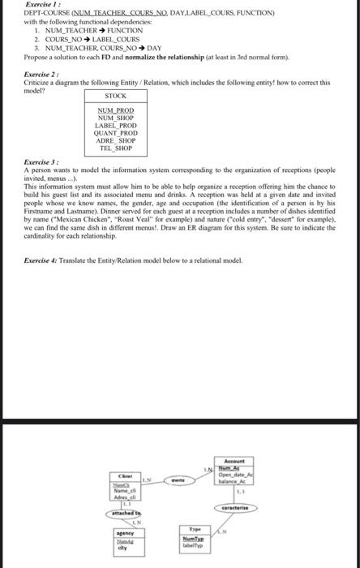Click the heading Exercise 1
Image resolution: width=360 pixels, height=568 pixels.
[x=35, y=6]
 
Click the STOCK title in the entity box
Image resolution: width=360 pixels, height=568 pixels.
[x=116, y=96]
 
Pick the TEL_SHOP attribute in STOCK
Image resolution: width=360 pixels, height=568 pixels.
[x=116, y=148]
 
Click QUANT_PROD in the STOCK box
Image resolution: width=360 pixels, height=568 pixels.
[x=116, y=133]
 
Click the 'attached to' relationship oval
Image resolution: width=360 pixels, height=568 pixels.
[x=126, y=514]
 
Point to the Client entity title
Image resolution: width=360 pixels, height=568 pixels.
[x=126, y=476]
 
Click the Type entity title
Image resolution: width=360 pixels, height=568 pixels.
[x=192, y=527]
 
